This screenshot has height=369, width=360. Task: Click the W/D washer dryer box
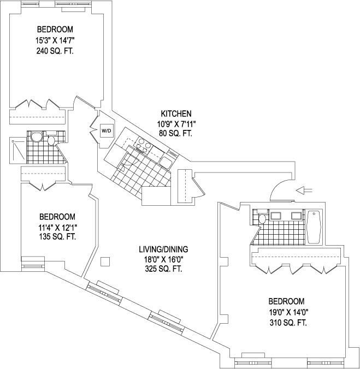pos(106,130)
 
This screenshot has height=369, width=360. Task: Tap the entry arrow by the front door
pos(304,190)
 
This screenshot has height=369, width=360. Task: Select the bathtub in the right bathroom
pos(314,227)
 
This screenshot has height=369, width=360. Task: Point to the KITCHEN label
pos(176,114)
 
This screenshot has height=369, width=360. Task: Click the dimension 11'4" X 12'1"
pos(57,227)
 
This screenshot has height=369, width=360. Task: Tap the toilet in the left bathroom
pos(51,141)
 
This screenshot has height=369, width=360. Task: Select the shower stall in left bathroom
pos(16,150)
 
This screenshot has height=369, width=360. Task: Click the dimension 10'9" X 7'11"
pos(176,124)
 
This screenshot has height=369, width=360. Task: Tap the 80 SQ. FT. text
pos(176,134)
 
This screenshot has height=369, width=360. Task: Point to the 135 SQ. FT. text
pos(57,236)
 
